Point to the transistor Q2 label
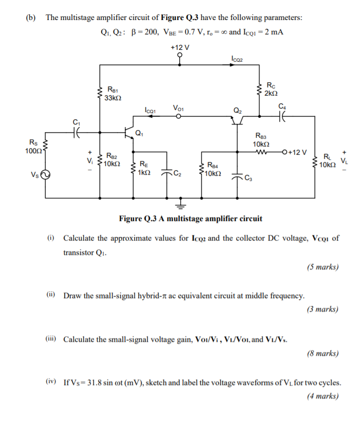237,109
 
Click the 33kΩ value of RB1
113,98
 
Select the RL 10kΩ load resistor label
327,161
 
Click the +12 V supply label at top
180,47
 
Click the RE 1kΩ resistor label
144,169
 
